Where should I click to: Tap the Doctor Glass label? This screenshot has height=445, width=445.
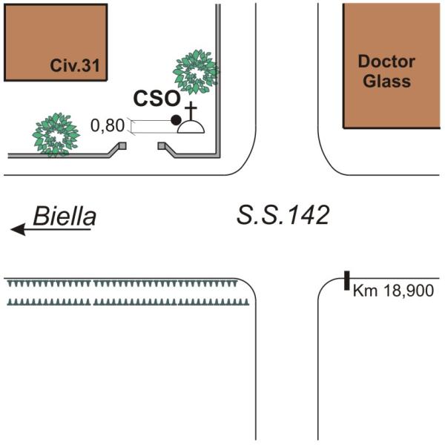click(x=386, y=71)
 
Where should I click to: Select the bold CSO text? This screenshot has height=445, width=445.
click(x=156, y=98)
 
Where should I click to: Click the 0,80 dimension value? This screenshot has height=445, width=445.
click(x=107, y=126)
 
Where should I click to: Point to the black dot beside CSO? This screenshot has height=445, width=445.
click(x=176, y=120)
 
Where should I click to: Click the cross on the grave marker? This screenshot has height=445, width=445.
click(x=191, y=111)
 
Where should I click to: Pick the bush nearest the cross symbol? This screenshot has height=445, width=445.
click(x=195, y=71)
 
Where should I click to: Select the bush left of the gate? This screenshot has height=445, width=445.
click(x=56, y=134)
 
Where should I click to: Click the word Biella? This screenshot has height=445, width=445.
click(x=65, y=217)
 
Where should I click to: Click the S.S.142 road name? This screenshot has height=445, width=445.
click(x=283, y=216)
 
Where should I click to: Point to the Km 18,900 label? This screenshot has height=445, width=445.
click(x=393, y=291)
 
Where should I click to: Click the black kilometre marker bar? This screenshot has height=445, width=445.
click(x=346, y=281)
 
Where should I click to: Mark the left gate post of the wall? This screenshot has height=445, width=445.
click(x=122, y=146)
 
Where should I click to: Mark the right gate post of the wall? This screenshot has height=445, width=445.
click(x=161, y=146)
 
